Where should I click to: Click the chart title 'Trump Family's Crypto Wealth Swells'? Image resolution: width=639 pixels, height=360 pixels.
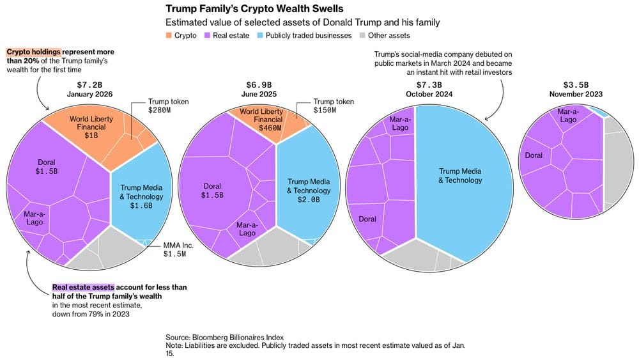click(254, 9)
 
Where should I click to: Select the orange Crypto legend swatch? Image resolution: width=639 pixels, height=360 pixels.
click(169, 36)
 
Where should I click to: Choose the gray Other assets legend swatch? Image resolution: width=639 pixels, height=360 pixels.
click(364, 36)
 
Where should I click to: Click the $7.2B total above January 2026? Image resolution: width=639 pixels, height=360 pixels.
click(89, 84)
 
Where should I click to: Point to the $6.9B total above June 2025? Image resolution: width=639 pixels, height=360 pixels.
click(259, 84)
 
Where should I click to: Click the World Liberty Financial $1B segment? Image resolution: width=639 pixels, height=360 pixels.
click(85, 130)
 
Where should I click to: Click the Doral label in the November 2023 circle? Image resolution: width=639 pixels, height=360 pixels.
click(534, 155)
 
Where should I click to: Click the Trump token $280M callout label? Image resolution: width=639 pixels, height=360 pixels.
click(169, 106)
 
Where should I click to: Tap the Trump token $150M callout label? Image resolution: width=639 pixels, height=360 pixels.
click(334, 106)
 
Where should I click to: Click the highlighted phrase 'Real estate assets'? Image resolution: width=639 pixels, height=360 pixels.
click(83, 288)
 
